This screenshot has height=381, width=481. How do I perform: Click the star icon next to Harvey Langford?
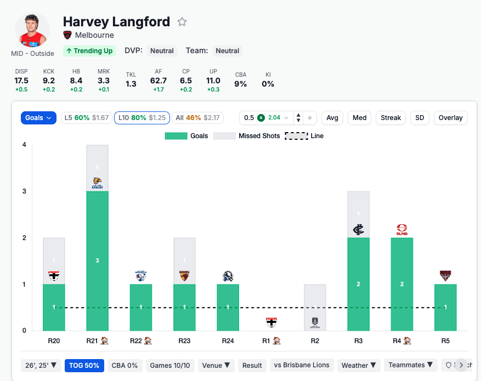click(x=182, y=22)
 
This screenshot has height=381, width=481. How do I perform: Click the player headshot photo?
click(x=32, y=30)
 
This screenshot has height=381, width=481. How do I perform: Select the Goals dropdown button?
click(x=38, y=118)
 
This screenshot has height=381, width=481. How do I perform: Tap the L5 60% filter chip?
click(x=86, y=118)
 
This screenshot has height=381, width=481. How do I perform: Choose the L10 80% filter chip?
click(x=142, y=118)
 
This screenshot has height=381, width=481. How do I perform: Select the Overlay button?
click(x=451, y=118)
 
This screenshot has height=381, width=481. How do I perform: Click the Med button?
click(x=360, y=118)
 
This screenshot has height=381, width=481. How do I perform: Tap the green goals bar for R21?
click(x=98, y=260)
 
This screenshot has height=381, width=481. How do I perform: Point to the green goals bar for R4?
click(x=401, y=284)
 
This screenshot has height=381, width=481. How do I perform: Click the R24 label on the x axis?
click(x=228, y=341)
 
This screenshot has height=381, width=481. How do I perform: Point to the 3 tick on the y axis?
click(x=24, y=191)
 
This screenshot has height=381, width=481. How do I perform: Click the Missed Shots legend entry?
click(x=247, y=136)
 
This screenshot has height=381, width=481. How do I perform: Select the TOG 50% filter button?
click(x=84, y=366)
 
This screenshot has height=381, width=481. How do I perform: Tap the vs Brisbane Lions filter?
click(x=302, y=366)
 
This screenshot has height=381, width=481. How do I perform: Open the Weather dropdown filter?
click(x=359, y=366)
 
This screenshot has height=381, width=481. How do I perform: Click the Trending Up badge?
click(x=89, y=51)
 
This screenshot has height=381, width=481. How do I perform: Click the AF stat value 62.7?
click(x=159, y=81)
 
